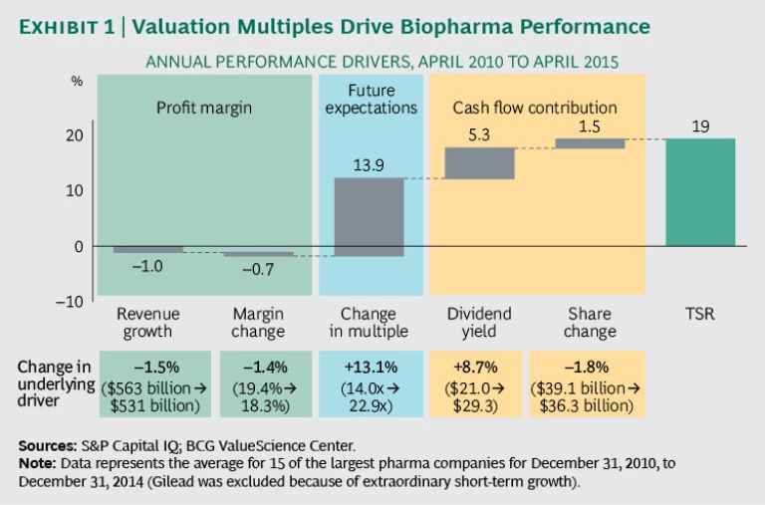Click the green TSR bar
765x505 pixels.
coord(700,191)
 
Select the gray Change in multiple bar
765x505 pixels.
coord(370,216)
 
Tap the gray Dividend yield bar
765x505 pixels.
coord(479,163)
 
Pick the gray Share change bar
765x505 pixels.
coord(590,143)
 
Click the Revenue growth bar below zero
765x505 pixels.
coord(148,249)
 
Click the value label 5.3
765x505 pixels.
coord(479,132)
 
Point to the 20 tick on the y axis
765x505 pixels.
coord(75,135)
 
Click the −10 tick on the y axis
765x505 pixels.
coord(70,301)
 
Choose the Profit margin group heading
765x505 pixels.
coord(203,107)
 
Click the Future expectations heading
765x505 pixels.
coord(370,98)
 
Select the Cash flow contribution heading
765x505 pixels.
coord(535,107)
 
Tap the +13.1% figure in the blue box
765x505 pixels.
coord(370,366)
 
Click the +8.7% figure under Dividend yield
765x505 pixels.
coord(479,366)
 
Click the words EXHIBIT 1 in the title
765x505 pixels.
coord(63,27)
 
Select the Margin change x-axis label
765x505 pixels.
coord(258,323)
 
